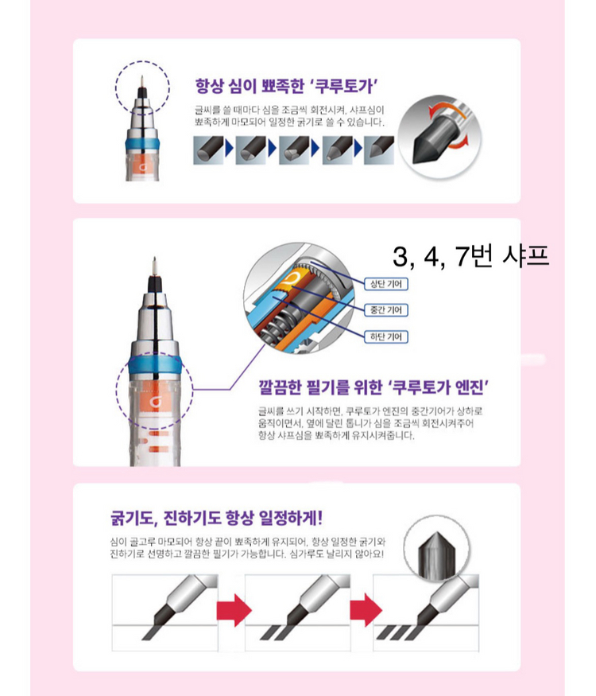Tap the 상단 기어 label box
tap(386, 283)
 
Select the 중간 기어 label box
tap(386, 309)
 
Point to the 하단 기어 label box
tap(386, 336)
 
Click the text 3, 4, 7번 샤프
tap(470, 257)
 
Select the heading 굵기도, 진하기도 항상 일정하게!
tap(216, 518)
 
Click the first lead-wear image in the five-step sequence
tap(208, 149)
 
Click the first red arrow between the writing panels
tap(234, 611)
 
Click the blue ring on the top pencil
tap(141, 142)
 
